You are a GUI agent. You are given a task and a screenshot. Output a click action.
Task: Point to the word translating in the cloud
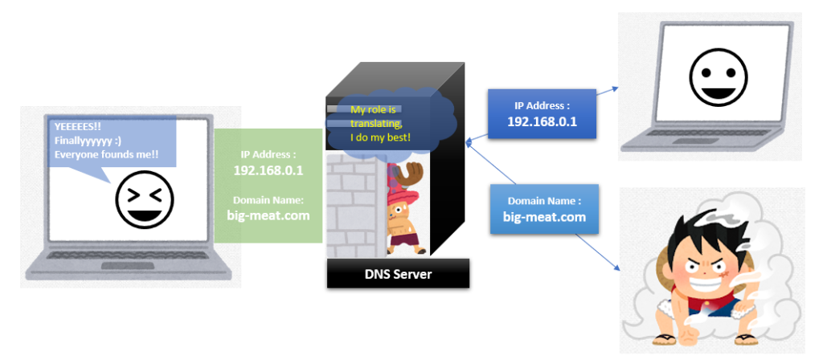tap(375, 123)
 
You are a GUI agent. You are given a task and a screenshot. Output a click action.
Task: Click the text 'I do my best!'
tap(380, 138)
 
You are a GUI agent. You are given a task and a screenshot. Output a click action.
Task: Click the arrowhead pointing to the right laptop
tap(613, 88)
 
